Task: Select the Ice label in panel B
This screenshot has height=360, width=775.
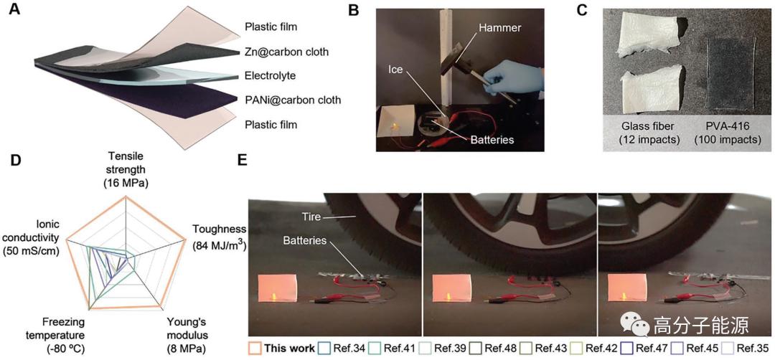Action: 398,71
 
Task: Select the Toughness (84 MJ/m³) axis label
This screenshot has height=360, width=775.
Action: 219,237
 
